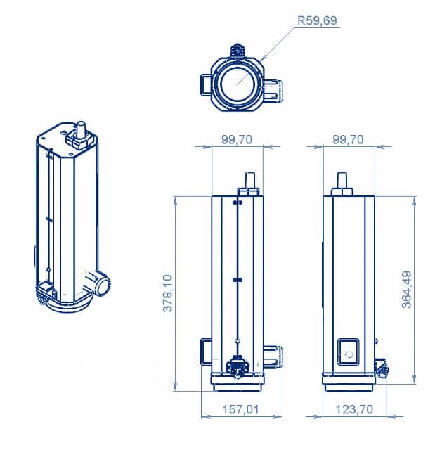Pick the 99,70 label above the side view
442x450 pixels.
coord(348,139)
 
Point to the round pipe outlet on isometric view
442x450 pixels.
coord(102,284)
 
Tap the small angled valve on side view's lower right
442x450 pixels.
coord(382,367)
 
